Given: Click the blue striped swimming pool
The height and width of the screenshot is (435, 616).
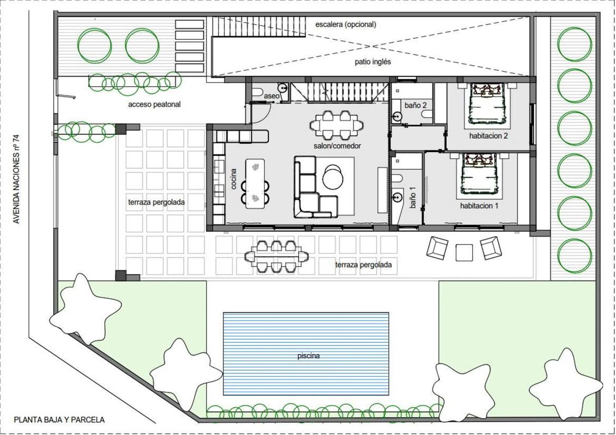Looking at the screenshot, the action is [x=306, y=354].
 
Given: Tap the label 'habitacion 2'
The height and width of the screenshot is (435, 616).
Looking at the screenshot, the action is [x=489, y=136].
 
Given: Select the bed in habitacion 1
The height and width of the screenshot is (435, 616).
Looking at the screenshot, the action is [x=479, y=174].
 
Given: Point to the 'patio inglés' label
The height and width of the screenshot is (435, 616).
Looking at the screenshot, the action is [x=373, y=62].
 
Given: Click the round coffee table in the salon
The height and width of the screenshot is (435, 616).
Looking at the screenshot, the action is [x=333, y=177].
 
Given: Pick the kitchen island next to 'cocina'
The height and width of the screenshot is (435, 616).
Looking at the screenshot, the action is [x=255, y=183].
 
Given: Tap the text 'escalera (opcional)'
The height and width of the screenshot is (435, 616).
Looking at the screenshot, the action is [x=346, y=24].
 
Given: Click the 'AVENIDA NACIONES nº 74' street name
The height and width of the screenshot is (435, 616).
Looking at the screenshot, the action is [x=16, y=179].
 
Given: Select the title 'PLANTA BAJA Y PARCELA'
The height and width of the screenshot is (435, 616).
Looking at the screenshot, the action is [x=59, y=420].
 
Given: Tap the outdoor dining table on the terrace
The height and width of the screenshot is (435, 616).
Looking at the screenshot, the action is [x=276, y=257].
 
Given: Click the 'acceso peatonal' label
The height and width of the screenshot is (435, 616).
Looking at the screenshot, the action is [x=154, y=105].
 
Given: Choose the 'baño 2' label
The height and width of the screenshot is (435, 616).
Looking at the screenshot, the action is [x=416, y=105].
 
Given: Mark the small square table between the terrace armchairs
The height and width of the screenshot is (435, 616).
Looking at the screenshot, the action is [x=464, y=253].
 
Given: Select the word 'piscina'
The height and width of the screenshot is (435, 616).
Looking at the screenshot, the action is [x=308, y=356].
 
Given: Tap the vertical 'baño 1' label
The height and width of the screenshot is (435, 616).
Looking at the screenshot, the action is [x=412, y=197].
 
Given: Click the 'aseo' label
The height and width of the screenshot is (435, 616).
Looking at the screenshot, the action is [x=271, y=96].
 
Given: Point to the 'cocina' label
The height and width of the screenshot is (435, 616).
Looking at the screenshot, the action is [x=234, y=179].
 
